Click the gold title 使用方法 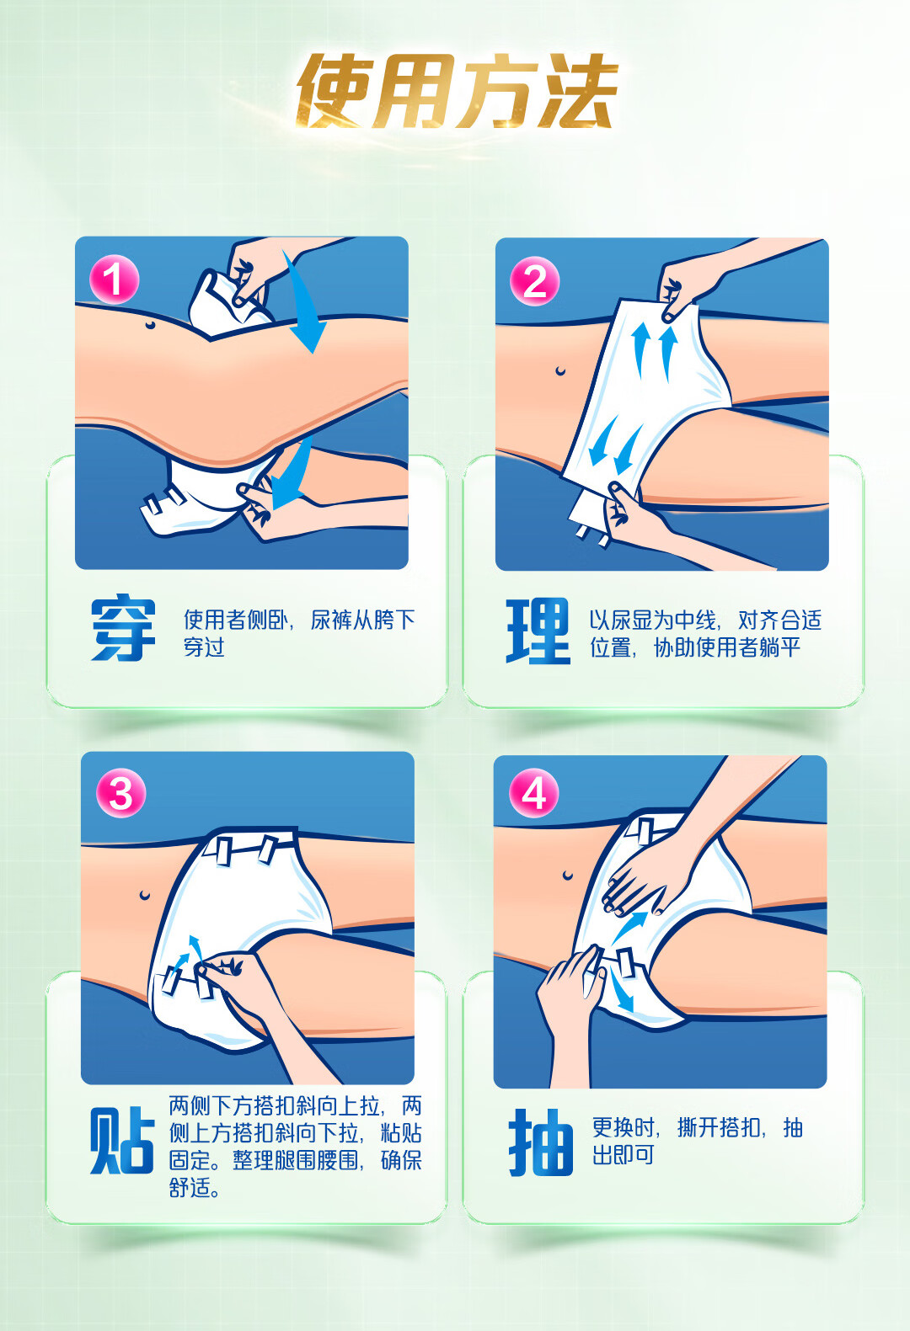(457, 91)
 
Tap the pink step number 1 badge (115, 279)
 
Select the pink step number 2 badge (534, 281)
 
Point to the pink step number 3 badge (120, 793)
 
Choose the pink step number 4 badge (533, 793)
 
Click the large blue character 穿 (124, 627)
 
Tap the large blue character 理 (538, 631)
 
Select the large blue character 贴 (122, 1140)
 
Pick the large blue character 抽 (541, 1142)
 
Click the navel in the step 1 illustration (150, 324)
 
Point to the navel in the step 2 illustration (559, 371)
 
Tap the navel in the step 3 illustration (144, 894)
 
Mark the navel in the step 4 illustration (568, 876)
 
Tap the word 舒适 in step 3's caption (190, 1187)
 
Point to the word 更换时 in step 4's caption (624, 1126)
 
